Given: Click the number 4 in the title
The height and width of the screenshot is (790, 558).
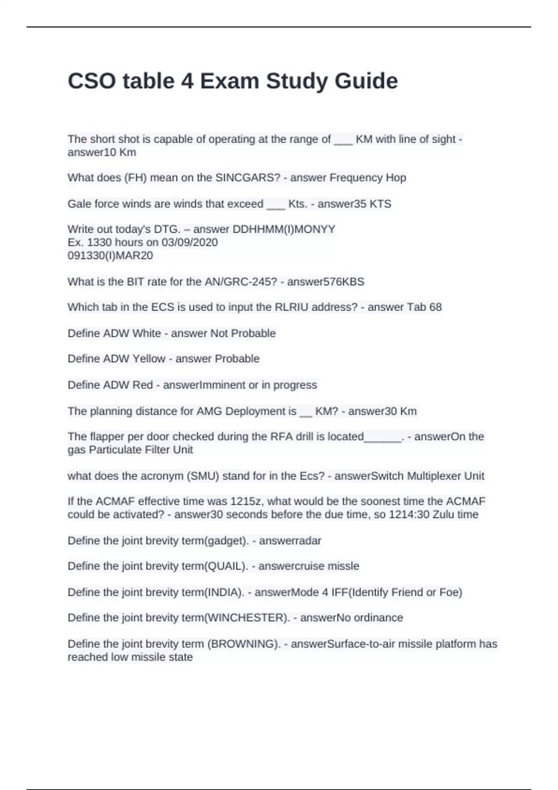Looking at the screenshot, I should (x=187, y=81).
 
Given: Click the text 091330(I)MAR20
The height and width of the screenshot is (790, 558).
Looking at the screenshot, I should (x=110, y=255).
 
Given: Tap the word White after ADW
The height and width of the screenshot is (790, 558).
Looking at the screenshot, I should (x=146, y=333).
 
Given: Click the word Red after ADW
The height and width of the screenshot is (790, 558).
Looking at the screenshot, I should (x=143, y=385).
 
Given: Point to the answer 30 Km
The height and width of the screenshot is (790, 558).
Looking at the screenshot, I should (x=397, y=411).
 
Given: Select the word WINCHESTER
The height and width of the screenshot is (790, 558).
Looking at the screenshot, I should (x=246, y=618).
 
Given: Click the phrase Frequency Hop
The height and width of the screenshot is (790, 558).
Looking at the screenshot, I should (x=368, y=178).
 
